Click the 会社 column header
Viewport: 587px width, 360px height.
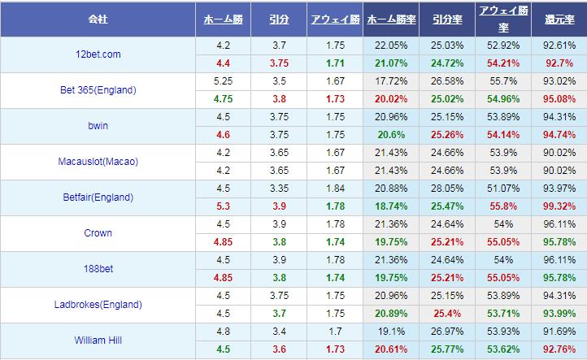(x=98, y=19)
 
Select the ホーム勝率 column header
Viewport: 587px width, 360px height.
(x=391, y=19)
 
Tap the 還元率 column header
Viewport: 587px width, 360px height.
(x=560, y=19)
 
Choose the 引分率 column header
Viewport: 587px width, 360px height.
(x=446, y=19)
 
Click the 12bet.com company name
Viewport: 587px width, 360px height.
(x=98, y=54)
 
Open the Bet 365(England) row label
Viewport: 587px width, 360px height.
(x=98, y=90)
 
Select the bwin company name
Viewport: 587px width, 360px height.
(x=98, y=126)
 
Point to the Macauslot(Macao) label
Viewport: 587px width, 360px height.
(x=98, y=162)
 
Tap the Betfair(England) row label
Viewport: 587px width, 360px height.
(x=98, y=197)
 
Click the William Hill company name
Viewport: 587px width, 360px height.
(x=98, y=340)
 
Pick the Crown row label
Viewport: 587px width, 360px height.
(x=98, y=233)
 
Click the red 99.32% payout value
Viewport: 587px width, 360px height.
(x=560, y=206)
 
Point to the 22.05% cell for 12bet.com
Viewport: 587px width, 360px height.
(x=391, y=46)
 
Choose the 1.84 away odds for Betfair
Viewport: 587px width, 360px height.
(x=334, y=189)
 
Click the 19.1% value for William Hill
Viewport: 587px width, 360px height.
(x=391, y=332)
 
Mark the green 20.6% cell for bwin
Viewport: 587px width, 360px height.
(x=391, y=135)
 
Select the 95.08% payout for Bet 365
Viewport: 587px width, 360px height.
(x=560, y=99)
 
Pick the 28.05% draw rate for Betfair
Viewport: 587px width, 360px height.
(x=446, y=189)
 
